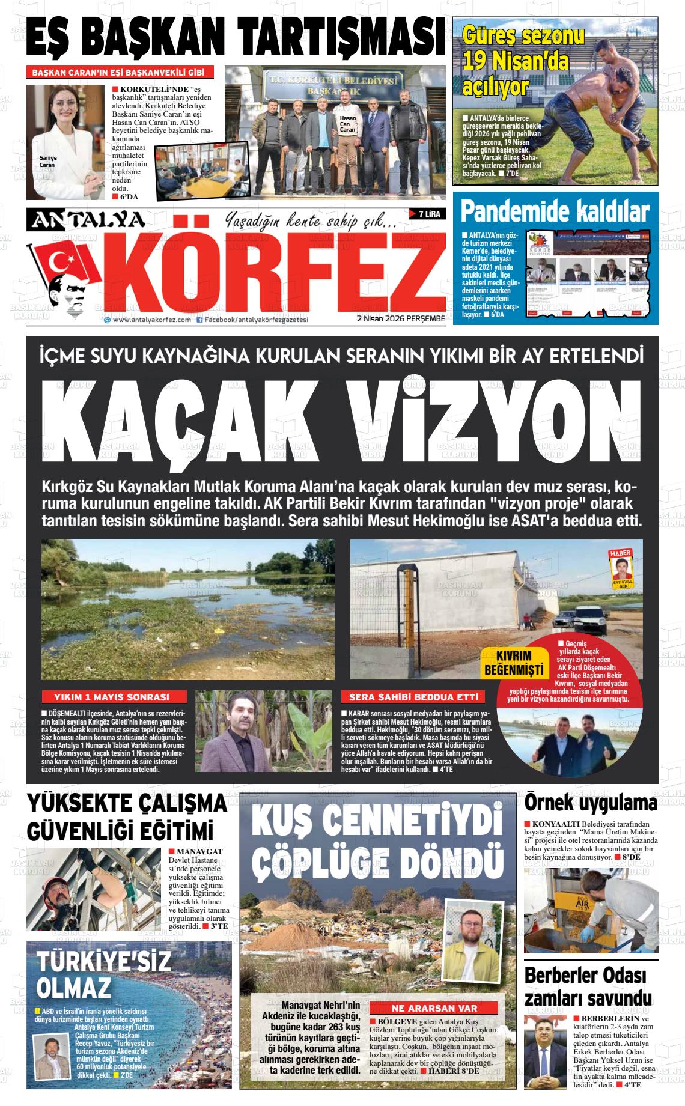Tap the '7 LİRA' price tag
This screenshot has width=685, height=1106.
427,214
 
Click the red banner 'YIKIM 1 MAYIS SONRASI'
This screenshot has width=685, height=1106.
112,697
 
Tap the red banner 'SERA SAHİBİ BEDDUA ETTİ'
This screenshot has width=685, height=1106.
412,697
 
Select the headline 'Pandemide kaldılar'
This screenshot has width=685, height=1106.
555,212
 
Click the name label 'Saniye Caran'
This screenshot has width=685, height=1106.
47,161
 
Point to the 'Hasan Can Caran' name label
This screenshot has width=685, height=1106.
348,124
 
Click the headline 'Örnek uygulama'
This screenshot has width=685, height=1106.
591,803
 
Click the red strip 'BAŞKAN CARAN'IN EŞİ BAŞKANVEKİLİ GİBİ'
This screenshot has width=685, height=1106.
120,73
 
